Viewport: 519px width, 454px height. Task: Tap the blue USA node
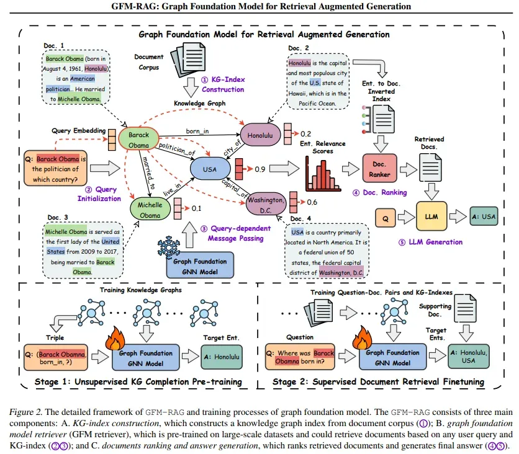[209, 169]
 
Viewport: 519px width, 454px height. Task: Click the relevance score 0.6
[312, 201]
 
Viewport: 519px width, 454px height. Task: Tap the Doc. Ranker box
[381, 168]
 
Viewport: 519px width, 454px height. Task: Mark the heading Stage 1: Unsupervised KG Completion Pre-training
[139, 381]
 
